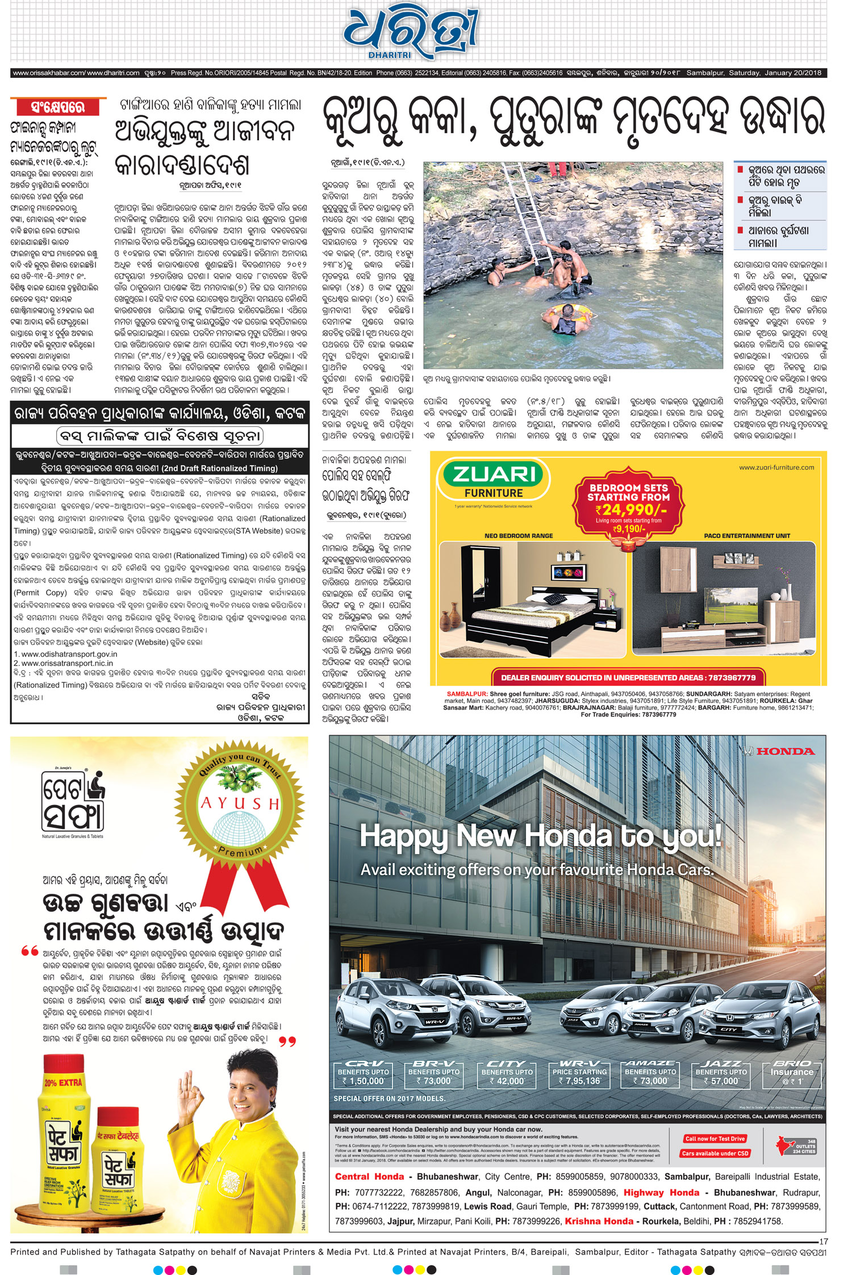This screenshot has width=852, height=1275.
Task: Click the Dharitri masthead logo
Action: (411, 32)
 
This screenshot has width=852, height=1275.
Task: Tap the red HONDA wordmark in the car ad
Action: (785, 751)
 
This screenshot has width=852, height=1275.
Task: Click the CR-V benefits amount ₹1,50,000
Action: (364, 1081)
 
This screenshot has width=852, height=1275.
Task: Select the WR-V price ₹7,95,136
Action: (579, 1081)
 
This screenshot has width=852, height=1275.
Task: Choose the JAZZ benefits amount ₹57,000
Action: (721, 1081)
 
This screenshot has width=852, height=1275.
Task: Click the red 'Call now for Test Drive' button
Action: (715, 1139)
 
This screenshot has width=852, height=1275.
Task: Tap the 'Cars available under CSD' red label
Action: (716, 1153)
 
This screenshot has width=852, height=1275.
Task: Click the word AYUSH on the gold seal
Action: (241, 803)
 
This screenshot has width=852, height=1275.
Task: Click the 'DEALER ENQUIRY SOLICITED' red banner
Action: (628, 677)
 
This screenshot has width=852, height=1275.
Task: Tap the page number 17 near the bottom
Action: (823, 1241)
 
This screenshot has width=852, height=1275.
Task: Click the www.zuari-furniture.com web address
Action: (776, 468)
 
